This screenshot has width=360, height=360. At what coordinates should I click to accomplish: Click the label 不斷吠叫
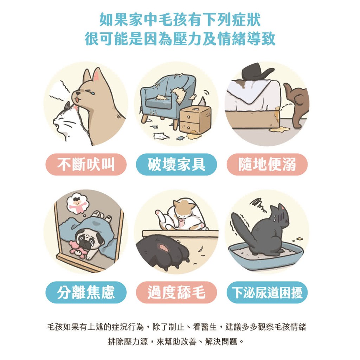tap(86, 165)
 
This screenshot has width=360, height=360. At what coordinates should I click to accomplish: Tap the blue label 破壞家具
tap(176, 165)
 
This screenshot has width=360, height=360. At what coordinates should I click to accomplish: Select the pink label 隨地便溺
tap(267, 165)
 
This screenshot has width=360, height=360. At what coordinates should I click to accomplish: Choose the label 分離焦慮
tap(86, 292)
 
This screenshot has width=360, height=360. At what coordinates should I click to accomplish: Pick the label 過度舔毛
tap(176, 292)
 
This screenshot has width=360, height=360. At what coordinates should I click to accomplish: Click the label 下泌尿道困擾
tap(267, 292)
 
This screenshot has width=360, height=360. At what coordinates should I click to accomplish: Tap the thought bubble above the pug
tap(77, 204)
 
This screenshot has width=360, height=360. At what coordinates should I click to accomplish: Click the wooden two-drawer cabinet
tap(195, 120)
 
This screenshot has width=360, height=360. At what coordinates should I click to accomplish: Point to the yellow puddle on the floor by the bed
tap(279, 130)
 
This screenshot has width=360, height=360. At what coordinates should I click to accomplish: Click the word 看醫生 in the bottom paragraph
tap(205, 327)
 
